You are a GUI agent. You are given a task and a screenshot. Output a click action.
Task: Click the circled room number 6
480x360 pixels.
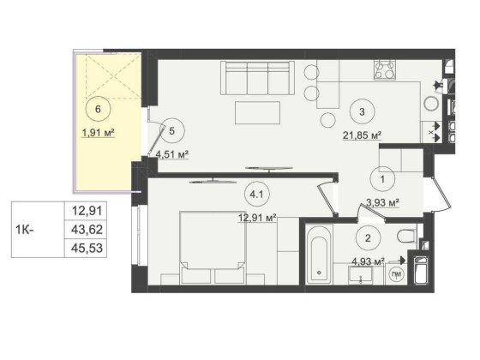(x=98, y=109)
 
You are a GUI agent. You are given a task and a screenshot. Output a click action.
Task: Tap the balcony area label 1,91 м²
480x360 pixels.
(x=98, y=133)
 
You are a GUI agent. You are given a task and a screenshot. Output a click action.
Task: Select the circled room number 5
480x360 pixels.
(x=171, y=131)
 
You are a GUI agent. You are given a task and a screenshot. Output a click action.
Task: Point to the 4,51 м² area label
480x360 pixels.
(x=171, y=154)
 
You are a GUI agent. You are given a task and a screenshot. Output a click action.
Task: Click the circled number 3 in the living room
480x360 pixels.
(x=362, y=111)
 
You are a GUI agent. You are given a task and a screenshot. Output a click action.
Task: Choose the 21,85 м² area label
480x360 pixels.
(x=362, y=135)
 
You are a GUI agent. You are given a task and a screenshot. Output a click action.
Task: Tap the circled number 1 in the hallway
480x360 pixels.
(x=382, y=179)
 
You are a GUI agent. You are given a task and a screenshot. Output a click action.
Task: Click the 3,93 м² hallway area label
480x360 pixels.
(x=382, y=202)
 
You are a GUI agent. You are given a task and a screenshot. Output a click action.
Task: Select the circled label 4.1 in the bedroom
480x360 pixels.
(x=257, y=194)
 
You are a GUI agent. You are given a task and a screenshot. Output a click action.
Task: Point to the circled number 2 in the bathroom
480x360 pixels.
(x=369, y=238)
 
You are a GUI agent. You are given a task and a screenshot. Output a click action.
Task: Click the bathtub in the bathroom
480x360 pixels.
(x=319, y=255)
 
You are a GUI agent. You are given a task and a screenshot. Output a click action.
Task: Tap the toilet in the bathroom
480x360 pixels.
(x=407, y=236)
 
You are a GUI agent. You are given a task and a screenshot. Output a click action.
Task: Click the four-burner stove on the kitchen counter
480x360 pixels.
(x=385, y=70)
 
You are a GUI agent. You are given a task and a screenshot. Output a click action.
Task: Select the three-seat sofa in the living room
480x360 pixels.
(x=257, y=78)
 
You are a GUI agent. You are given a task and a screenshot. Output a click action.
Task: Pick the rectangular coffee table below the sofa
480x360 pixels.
(x=257, y=112)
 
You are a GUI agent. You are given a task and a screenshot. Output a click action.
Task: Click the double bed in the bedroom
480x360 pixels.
(x=213, y=248)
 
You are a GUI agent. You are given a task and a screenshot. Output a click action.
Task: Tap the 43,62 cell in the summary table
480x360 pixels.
(x=86, y=230)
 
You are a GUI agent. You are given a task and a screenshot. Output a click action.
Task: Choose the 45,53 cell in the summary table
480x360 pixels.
(x=86, y=248)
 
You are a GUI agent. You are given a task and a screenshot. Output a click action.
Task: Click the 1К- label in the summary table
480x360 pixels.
(x=25, y=230)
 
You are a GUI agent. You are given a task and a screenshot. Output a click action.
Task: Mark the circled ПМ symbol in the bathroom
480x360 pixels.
(x=396, y=274)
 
